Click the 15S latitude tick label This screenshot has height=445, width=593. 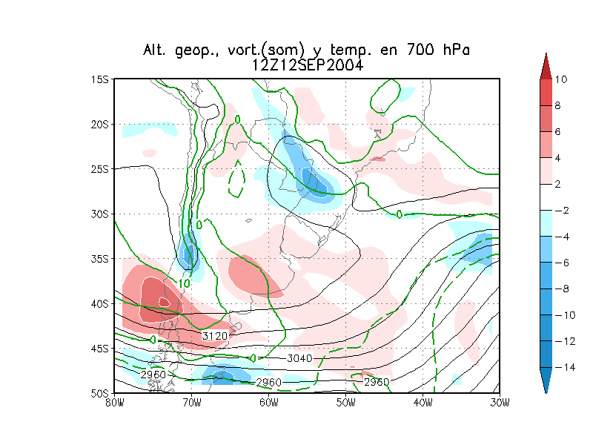point(100,79)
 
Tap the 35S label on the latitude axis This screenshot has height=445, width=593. point(100,259)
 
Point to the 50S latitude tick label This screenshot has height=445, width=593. point(100,393)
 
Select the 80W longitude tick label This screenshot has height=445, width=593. point(113,403)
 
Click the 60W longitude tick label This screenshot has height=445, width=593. point(268,403)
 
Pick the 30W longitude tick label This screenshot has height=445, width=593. point(500,403)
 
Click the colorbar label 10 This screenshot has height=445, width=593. point(560,79)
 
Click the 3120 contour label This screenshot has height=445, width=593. point(215,336)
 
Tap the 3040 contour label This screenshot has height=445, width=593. point(299,359)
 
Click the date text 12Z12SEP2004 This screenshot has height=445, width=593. point(307,65)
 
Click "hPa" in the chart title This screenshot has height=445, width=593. point(452,50)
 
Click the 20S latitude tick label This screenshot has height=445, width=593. point(100,124)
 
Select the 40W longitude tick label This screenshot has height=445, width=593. point(423,403)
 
